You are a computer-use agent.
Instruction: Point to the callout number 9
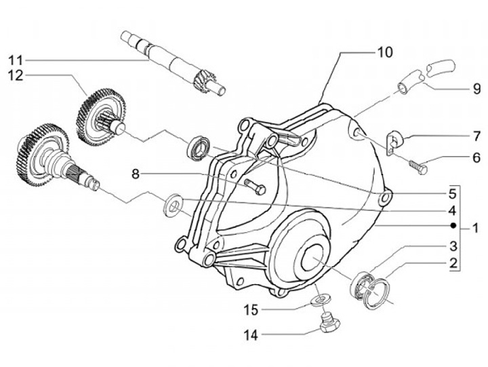[x=476, y=89]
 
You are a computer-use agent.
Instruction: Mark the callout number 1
[x=476, y=228]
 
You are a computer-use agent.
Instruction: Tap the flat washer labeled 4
[x=174, y=201]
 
